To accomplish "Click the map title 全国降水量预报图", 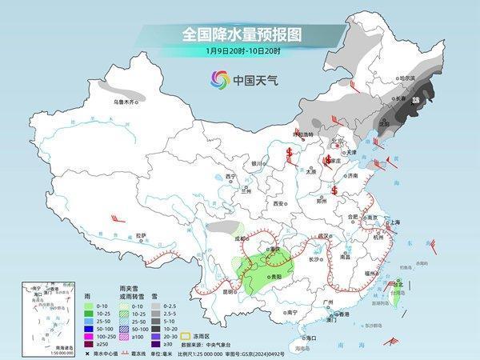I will [x=239, y=35].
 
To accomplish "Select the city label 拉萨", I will [x=141, y=235].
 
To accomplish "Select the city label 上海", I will [x=394, y=222].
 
